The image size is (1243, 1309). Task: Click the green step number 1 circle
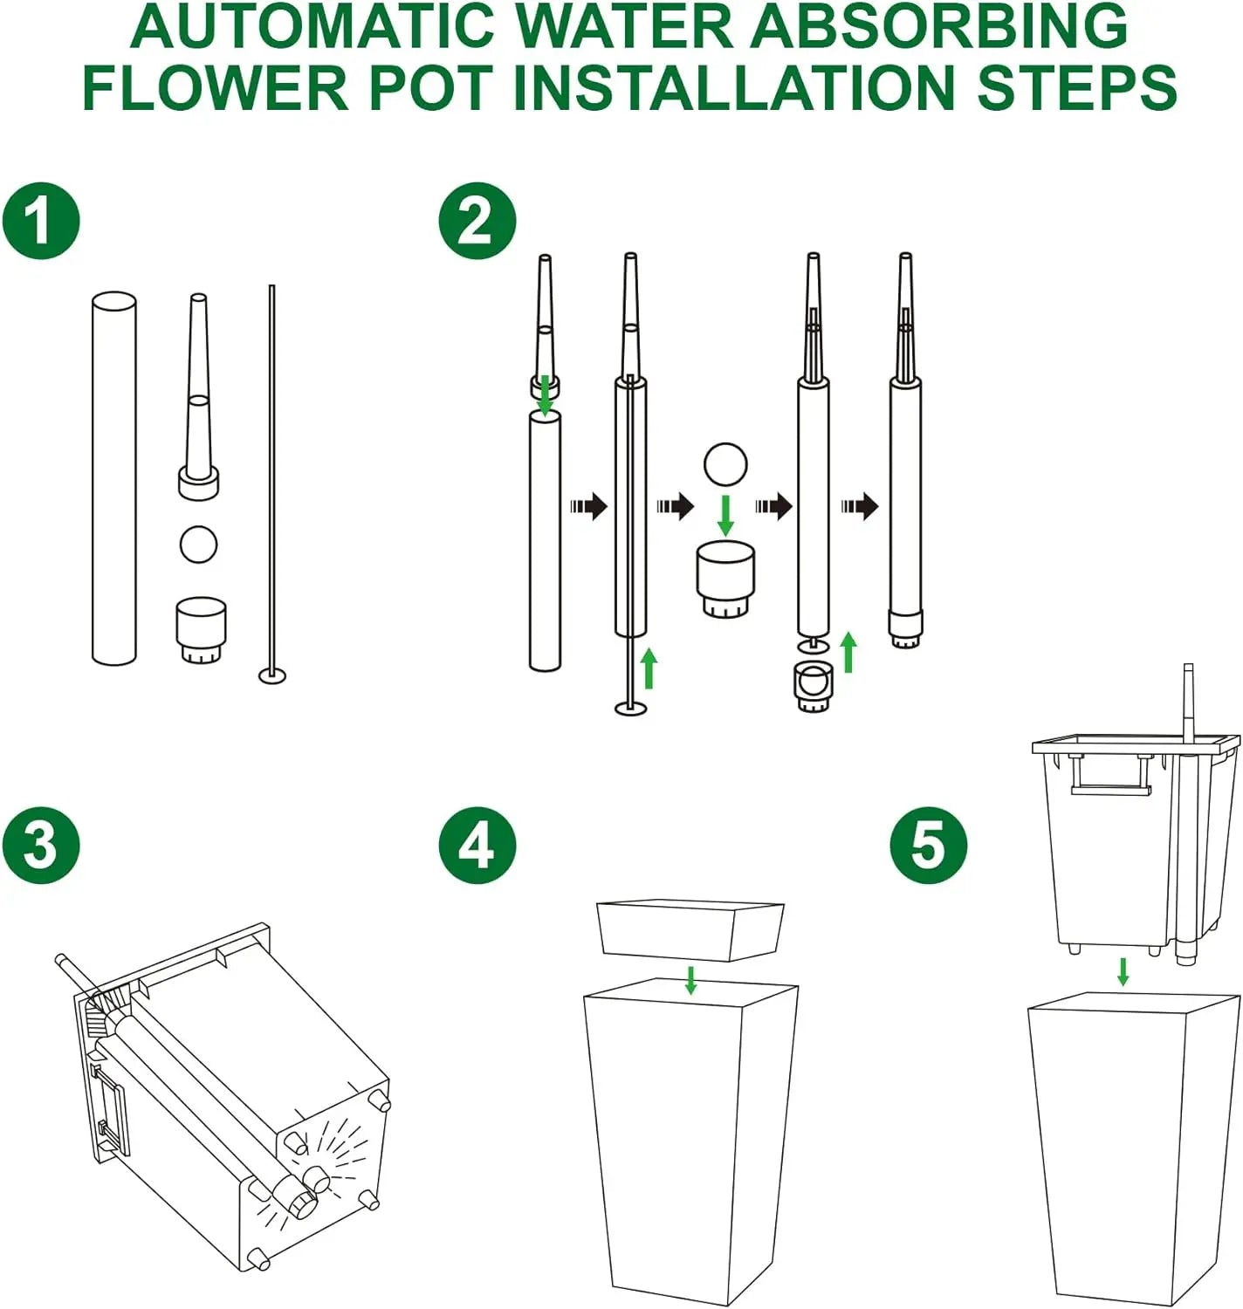click(41, 221)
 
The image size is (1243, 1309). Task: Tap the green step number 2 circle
click(477, 221)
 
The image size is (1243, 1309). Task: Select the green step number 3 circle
click(41, 845)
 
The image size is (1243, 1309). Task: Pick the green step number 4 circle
click(477, 845)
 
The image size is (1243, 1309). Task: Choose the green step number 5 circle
click(929, 845)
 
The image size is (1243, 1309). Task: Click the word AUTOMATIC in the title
click(316, 26)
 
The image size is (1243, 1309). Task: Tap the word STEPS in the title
click(1077, 86)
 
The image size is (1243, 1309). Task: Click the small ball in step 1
click(198, 545)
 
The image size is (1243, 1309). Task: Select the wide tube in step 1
click(114, 478)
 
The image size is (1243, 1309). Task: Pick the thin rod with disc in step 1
click(272, 480)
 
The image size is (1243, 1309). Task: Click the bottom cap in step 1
click(201, 628)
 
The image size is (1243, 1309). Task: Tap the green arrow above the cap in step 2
click(725, 515)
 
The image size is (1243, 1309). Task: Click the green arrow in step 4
click(690, 979)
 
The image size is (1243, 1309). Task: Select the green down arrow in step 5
click(1123, 971)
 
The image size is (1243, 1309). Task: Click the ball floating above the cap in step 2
click(725, 463)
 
